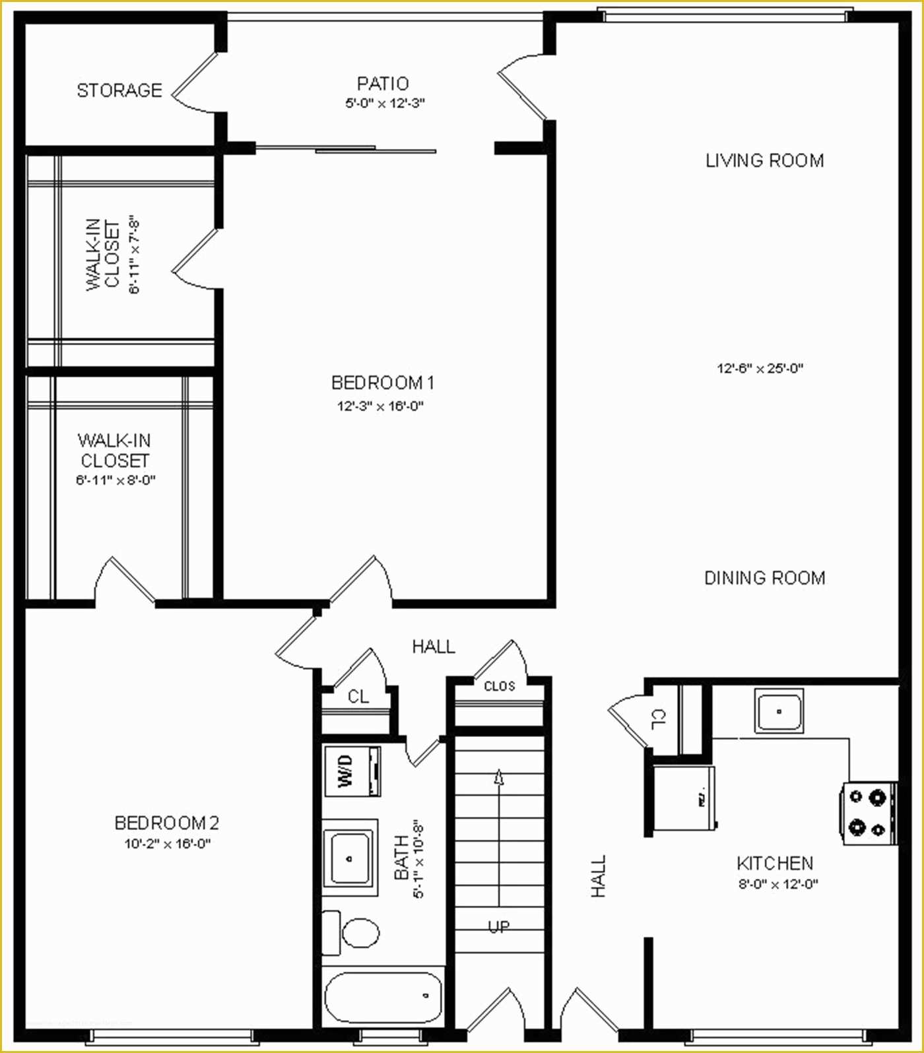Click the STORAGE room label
click(x=119, y=90)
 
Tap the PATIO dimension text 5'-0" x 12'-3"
click(x=384, y=103)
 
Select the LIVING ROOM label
click(x=764, y=160)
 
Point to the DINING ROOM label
click(x=764, y=578)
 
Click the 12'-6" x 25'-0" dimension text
click(x=760, y=369)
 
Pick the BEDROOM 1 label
click(x=383, y=383)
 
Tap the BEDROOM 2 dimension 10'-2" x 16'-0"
click(x=167, y=844)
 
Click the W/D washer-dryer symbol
click(x=352, y=771)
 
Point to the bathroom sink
click(x=350, y=858)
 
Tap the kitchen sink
click(x=779, y=711)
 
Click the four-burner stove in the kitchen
click(x=867, y=813)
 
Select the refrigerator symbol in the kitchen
click(x=684, y=797)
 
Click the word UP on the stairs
click(x=499, y=926)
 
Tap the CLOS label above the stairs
click(x=499, y=686)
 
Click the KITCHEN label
click(x=775, y=863)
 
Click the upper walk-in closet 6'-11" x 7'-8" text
click(x=135, y=254)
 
